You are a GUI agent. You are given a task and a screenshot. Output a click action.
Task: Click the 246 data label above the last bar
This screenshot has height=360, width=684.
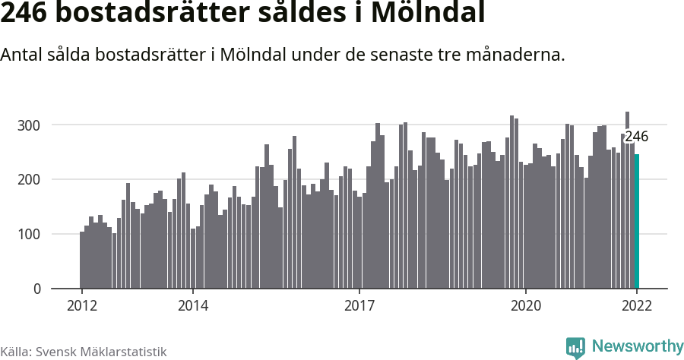[x=636, y=137]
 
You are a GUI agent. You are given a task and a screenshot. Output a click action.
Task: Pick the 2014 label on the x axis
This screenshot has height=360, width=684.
[x=193, y=305]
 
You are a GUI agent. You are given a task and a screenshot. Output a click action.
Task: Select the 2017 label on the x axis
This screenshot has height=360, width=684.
[x=359, y=305]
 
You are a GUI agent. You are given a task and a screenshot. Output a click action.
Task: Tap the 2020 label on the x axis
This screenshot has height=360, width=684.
[x=526, y=305]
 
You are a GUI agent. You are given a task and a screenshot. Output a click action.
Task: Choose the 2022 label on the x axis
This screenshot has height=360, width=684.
[x=637, y=305]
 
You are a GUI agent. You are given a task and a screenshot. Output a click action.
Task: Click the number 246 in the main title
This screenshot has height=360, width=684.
[x=27, y=14]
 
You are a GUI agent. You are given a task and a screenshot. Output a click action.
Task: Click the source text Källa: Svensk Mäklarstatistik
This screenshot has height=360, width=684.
[x=83, y=352]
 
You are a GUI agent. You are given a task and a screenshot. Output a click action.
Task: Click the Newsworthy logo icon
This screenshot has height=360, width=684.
[x=575, y=347]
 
